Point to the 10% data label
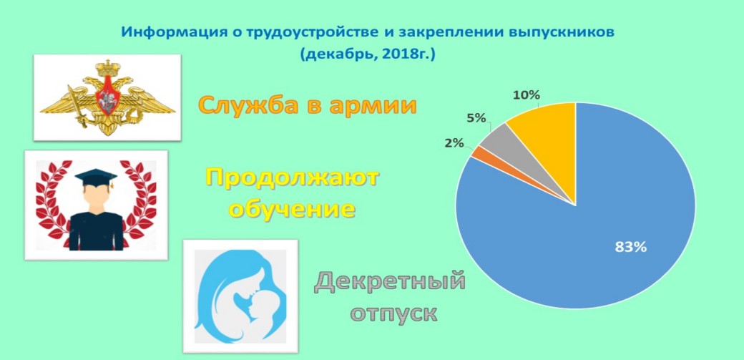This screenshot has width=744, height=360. coord(527,95)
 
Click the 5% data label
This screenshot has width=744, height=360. coord(476,118)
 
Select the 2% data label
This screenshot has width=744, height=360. coord(454,142)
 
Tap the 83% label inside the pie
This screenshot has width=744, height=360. coord(630,248)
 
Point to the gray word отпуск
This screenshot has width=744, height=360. coord(393,313)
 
